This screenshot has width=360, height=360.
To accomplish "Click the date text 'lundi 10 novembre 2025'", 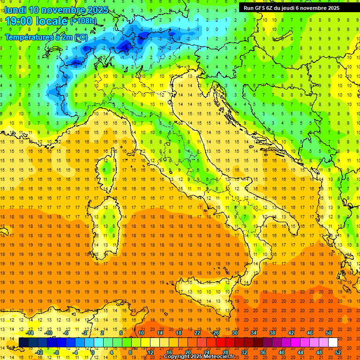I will (x=56, y=10).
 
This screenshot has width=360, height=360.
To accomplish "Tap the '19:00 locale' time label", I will (x=36, y=21).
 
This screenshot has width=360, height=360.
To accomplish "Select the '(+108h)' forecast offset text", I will (x=83, y=21).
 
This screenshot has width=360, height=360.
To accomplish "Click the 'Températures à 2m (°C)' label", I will (x=46, y=37).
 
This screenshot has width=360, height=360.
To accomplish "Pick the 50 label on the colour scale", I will (x=328, y=333).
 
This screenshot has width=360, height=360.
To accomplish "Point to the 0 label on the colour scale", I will (x=93, y=352).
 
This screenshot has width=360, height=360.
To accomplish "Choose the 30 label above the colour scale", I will (x=234, y=333).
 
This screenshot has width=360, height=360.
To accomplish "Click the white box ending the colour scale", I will (x=333, y=343).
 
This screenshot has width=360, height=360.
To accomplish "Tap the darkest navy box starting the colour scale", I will (x=23, y=343).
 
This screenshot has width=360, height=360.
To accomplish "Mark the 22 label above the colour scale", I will (x=197, y=333).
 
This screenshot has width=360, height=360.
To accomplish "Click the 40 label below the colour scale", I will (x=282, y=352).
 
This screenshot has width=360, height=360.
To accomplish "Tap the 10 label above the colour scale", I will (x=141, y=333).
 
